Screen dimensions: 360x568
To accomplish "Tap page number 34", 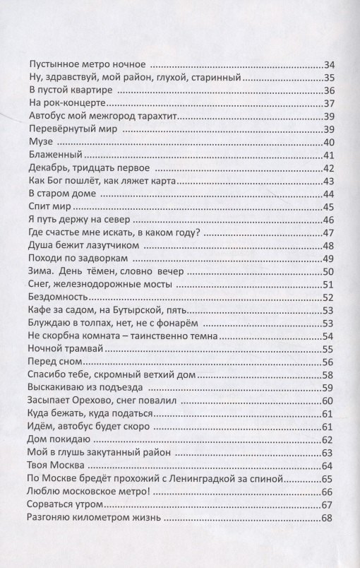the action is [x=328, y=63].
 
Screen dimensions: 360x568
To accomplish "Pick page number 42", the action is [x=328, y=169].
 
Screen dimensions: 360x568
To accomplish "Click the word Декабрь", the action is [x=45, y=169].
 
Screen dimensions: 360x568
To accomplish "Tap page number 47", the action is [x=328, y=234].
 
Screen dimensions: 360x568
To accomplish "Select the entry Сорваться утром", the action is [x=64, y=504].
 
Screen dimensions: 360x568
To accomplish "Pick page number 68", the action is [x=328, y=518].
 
